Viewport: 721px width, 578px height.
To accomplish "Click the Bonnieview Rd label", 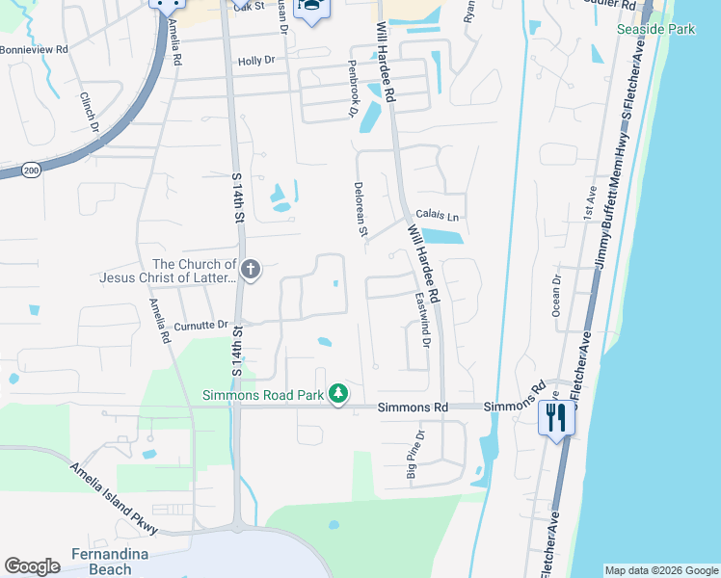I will point(35,48).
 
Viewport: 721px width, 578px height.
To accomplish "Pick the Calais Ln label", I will point(437,217).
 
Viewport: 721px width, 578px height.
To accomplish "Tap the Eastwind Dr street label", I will point(422,320).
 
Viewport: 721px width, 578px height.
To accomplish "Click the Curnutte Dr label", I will point(200,325).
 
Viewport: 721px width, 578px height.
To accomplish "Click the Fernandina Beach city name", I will point(101,561).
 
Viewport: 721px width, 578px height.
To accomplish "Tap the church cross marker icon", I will point(251,270).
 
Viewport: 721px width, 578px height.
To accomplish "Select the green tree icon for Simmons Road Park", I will point(338,393).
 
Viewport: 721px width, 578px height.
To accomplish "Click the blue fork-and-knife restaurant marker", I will point(555,417).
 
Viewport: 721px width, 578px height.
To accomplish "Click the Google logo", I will point(32,566).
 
